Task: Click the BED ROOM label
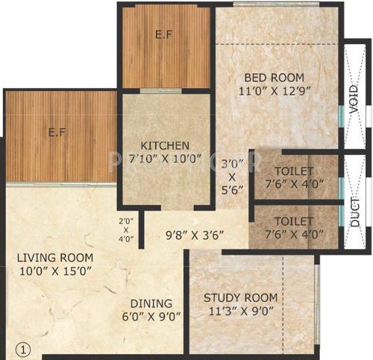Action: (x=275, y=78)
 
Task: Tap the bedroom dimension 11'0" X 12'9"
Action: (x=275, y=92)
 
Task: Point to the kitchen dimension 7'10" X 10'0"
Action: (x=166, y=159)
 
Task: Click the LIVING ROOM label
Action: (x=56, y=258)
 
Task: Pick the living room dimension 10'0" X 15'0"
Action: (x=56, y=272)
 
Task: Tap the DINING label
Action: (x=151, y=303)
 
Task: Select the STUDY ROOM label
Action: (x=240, y=298)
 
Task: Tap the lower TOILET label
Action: (x=294, y=221)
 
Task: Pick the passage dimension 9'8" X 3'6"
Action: (x=195, y=237)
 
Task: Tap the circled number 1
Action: (x=23, y=348)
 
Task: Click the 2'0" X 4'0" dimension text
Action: (x=126, y=230)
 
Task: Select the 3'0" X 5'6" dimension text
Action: (x=231, y=178)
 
